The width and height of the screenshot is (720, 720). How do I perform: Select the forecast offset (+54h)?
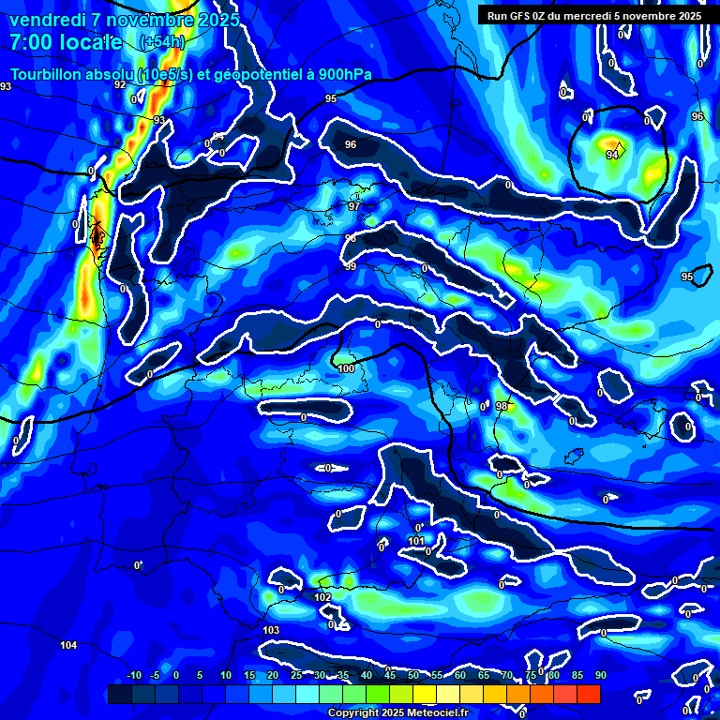click(x=161, y=42)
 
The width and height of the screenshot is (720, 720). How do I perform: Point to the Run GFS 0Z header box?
click(x=594, y=16)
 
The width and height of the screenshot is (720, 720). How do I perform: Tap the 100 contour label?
click(x=347, y=368)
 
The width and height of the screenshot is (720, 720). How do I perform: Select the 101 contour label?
click(x=416, y=541)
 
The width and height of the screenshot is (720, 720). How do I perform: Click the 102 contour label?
click(x=322, y=597)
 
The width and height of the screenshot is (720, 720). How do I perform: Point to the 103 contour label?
click(x=272, y=630)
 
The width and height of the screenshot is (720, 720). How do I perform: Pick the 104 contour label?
click(x=68, y=646)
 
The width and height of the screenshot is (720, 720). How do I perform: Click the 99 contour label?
click(x=351, y=267)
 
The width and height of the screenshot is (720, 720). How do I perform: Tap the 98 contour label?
click(x=502, y=406)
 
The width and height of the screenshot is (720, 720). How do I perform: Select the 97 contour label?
click(x=353, y=206)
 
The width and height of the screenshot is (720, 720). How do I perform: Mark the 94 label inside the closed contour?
click(x=611, y=155)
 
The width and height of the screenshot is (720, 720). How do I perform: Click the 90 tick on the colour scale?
click(x=600, y=675)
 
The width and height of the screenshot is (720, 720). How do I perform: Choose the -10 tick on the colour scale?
click(x=133, y=675)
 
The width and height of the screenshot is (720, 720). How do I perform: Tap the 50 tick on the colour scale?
click(x=413, y=675)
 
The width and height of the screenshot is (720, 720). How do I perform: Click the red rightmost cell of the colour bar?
click(x=588, y=694)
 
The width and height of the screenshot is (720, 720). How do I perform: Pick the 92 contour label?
click(x=120, y=84)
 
